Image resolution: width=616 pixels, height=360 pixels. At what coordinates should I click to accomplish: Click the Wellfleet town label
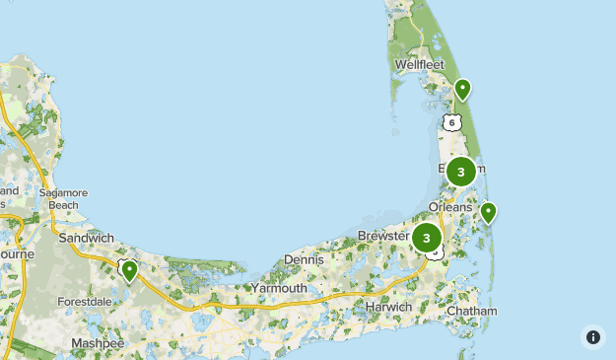coord(420,65)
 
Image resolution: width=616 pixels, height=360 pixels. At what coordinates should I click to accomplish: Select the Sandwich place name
coord(87,238)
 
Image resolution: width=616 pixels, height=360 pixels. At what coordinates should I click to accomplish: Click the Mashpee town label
coord(97,342)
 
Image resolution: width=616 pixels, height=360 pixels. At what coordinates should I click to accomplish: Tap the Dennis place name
coord(304,259)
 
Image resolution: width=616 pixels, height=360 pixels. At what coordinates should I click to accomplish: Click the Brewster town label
coord(382,236)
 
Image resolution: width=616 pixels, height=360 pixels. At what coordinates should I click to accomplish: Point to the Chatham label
coord(471,311)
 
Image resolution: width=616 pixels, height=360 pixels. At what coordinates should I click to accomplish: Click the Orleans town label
coord(450,207)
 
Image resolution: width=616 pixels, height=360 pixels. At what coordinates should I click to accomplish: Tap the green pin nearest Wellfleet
coord(462,90)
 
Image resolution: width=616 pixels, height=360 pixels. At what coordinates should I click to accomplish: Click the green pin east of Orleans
coord(487,211)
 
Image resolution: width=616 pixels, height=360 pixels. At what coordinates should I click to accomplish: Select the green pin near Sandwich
coord(129,269)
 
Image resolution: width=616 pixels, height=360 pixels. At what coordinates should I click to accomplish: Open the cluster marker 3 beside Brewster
coord(427,238)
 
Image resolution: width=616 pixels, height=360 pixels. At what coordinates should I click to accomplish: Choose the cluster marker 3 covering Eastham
coord(460,172)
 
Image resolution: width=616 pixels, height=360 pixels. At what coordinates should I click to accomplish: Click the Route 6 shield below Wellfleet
coord(451,122)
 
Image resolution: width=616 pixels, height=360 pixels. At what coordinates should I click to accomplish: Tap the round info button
coord(592,337)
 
